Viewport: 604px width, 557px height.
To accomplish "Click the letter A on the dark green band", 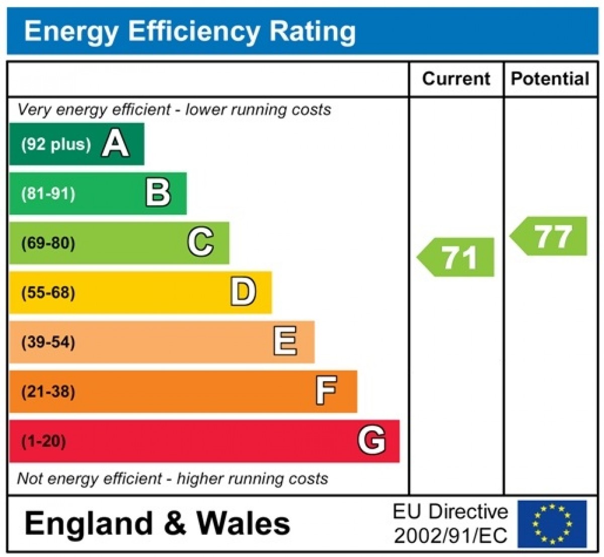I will click(x=115, y=144).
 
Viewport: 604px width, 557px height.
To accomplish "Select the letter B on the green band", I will click(x=158, y=193).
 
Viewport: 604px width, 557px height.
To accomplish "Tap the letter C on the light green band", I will click(x=200, y=242).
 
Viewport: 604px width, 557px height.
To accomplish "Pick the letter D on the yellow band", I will click(x=243, y=292).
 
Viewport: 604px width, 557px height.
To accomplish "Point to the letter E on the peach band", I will click(x=285, y=341).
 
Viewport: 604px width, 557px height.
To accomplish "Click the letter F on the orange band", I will click(x=326, y=391).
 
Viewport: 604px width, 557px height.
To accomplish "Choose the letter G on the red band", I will click(x=371, y=440).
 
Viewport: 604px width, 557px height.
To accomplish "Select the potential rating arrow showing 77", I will click(x=550, y=236).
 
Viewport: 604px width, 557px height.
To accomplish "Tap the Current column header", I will click(x=456, y=79).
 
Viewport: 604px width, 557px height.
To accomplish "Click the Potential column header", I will click(x=550, y=79).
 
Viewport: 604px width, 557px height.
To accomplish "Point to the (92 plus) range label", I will click(x=56, y=144).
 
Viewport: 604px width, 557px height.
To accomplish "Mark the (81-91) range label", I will click(x=48, y=194).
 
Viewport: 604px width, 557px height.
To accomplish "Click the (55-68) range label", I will click(x=48, y=293).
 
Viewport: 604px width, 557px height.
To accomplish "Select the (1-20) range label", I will click(x=43, y=441).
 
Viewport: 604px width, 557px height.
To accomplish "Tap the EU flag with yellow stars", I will click(x=552, y=523).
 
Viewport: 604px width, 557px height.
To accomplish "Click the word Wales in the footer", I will click(x=243, y=523).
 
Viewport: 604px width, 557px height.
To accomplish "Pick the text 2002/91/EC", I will click(x=450, y=536).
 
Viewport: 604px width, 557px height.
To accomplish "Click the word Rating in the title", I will click(x=313, y=31).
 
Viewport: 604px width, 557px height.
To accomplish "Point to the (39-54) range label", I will click(x=48, y=342).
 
